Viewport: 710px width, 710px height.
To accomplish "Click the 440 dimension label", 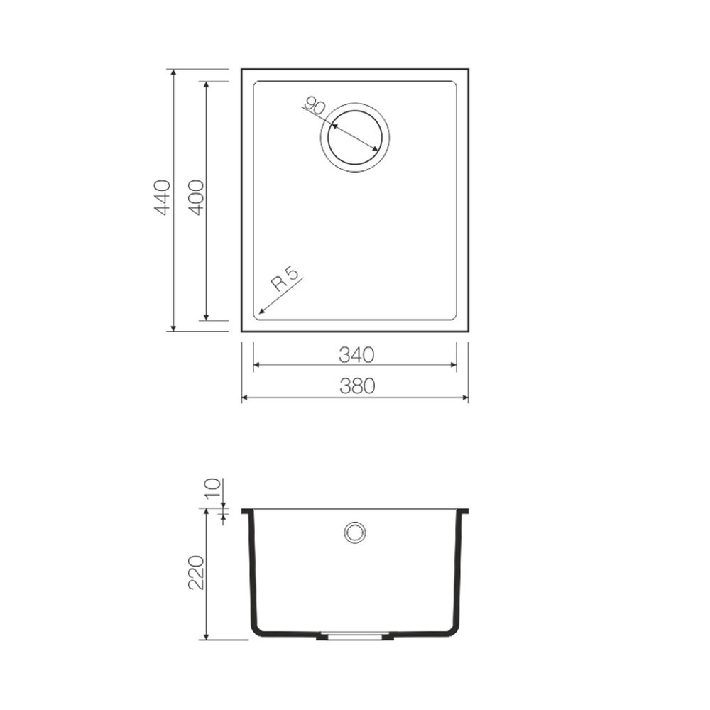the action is (163, 197).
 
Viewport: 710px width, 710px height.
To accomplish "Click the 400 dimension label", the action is (196, 197).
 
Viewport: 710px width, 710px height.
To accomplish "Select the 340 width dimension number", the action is (357, 356).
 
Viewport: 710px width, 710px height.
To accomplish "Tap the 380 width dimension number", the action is (357, 386).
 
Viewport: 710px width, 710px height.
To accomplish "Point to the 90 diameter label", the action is (315, 106).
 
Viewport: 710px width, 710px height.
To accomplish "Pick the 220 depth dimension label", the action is (196, 572).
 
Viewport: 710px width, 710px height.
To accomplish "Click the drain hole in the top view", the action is (355, 138).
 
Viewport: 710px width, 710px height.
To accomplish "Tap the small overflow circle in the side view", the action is (355, 532).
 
